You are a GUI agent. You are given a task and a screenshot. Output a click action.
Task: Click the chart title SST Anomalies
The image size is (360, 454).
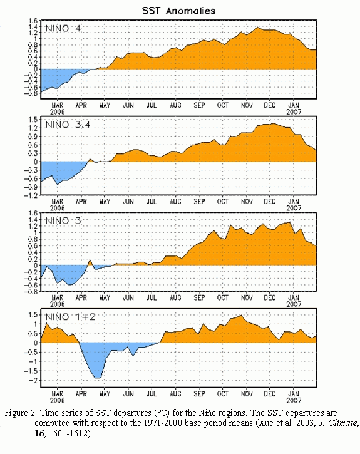pyautogui.click(x=179, y=11)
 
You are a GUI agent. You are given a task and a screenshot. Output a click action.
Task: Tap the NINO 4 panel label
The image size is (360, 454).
pyautogui.click(x=63, y=28)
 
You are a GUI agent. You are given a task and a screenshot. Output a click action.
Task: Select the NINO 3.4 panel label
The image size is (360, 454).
pyautogui.click(x=68, y=125)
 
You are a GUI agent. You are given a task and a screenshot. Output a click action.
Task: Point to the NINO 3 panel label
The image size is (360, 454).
pyautogui.click(x=63, y=220)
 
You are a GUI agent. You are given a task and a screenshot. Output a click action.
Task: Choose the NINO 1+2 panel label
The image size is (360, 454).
pyautogui.click(x=70, y=317)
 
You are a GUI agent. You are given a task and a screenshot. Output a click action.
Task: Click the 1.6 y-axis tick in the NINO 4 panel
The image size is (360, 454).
pyautogui.click(x=33, y=21)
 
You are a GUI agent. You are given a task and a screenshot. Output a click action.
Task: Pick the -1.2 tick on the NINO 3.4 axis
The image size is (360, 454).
pyautogui.click(x=31, y=195)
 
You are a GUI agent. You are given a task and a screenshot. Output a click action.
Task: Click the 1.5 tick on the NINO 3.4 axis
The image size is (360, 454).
pyautogui.click(x=33, y=120)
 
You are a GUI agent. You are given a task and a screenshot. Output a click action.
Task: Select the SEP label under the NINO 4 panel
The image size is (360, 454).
pyautogui.click(x=199, y=105)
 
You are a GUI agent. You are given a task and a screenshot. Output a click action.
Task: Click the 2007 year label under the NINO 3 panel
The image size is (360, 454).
pyautogui.click(x=294, y=304)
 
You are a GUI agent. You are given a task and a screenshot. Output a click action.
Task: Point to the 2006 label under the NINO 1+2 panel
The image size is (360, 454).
pyautogui.click(x=58, y=400)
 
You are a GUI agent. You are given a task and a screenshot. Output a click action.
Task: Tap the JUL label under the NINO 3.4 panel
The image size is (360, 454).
pyautogui.click(x=152, y=201)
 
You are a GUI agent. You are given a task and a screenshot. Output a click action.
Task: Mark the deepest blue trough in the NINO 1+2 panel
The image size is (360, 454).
pyautogui.click(x=98, y=378)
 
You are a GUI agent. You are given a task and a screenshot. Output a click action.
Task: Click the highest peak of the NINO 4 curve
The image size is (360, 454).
pyautogui.click(x=257, y=28)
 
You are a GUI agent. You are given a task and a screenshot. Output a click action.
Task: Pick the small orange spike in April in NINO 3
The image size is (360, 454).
pyautogui.click(x=90, y=261)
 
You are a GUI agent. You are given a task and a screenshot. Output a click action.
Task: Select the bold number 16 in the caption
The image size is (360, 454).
pyautogui.click(x=39, y=433)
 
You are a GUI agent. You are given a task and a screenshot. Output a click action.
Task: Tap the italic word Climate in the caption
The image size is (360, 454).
pyautogui.click(x=343, y=423)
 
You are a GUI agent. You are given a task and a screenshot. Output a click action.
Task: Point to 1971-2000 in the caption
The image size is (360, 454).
pyautogui.click(x=163, y=423)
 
